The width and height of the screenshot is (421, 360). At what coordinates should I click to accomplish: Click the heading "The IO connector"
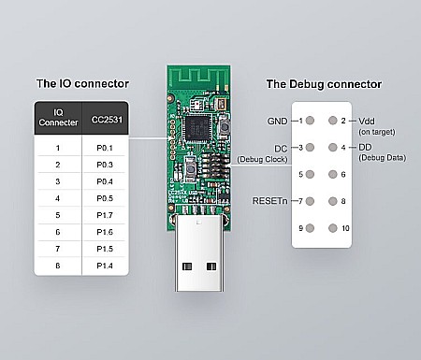[82, 83]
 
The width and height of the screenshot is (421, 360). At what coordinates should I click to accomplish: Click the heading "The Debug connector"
[324, 84]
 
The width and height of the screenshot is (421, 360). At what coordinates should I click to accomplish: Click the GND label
[278, 121]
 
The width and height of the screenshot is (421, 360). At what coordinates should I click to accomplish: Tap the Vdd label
[367, 121]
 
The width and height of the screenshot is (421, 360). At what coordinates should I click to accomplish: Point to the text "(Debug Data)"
[383, 157]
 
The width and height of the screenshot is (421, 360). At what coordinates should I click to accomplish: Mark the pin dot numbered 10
[331, 228]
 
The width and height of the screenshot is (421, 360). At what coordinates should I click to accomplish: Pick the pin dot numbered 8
[331, 201]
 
